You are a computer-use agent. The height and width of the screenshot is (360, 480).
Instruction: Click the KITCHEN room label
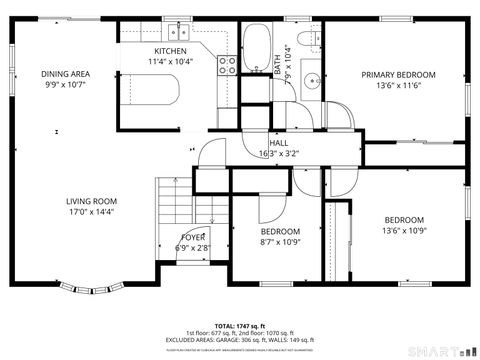coord(171,51)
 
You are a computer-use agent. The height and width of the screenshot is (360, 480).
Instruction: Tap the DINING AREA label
coord(65,74)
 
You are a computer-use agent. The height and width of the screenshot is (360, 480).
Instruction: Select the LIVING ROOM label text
coord(92,200)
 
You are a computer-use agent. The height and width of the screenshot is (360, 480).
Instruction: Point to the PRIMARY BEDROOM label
coord(398,75)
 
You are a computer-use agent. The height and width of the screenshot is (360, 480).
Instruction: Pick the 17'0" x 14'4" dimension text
coord(92,211)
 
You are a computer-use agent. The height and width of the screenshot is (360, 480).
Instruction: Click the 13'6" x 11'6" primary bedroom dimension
coord(398,86)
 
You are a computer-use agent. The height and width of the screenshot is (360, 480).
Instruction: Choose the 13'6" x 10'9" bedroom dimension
coord(404,231)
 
